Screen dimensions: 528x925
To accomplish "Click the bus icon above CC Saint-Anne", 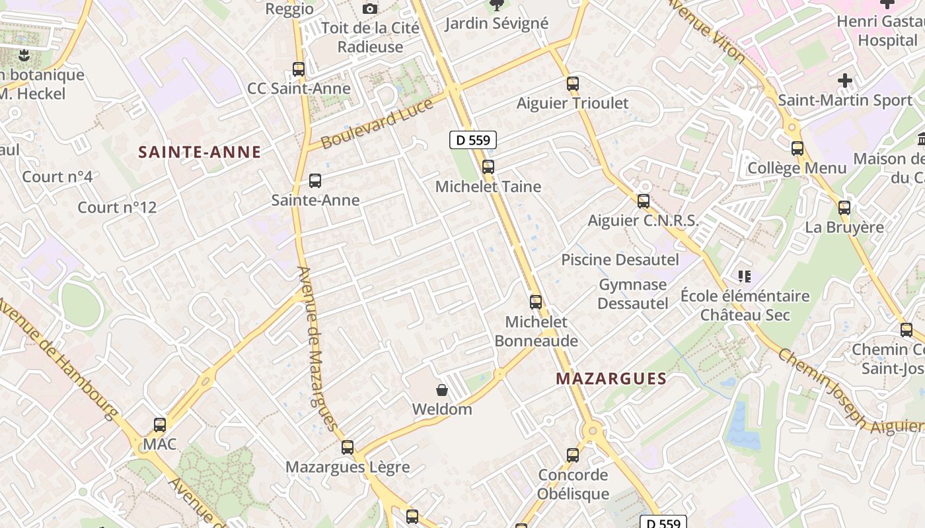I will point(299,69).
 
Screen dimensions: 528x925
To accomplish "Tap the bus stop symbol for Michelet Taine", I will point(488,167).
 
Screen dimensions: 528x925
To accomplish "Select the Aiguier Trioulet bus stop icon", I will point(573,84).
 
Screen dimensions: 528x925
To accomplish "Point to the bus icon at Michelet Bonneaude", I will point(536,302).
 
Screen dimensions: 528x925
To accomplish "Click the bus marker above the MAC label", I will point(160,425).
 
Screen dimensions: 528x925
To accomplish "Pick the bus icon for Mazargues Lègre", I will point(348,447).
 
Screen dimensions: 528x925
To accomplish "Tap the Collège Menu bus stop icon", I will point(797,148).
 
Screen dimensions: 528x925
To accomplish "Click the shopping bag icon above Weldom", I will point(442,390).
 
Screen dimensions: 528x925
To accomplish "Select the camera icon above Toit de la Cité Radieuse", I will point(370,9).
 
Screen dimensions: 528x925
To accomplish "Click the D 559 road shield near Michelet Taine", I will point(473,140).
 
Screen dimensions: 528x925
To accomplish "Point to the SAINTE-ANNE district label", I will point(200,152).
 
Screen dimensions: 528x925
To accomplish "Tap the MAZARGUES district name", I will point(611,379).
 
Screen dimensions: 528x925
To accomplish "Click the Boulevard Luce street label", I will point(377,123).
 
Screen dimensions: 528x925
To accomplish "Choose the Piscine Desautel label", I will point(620,260).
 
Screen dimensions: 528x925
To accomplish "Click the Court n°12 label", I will point(117,207).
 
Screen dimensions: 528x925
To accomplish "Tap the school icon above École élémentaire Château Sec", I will point(745,277).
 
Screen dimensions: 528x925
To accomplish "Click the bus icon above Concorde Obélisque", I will point(573,455).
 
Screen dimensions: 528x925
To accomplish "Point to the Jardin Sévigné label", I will point(497,24).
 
